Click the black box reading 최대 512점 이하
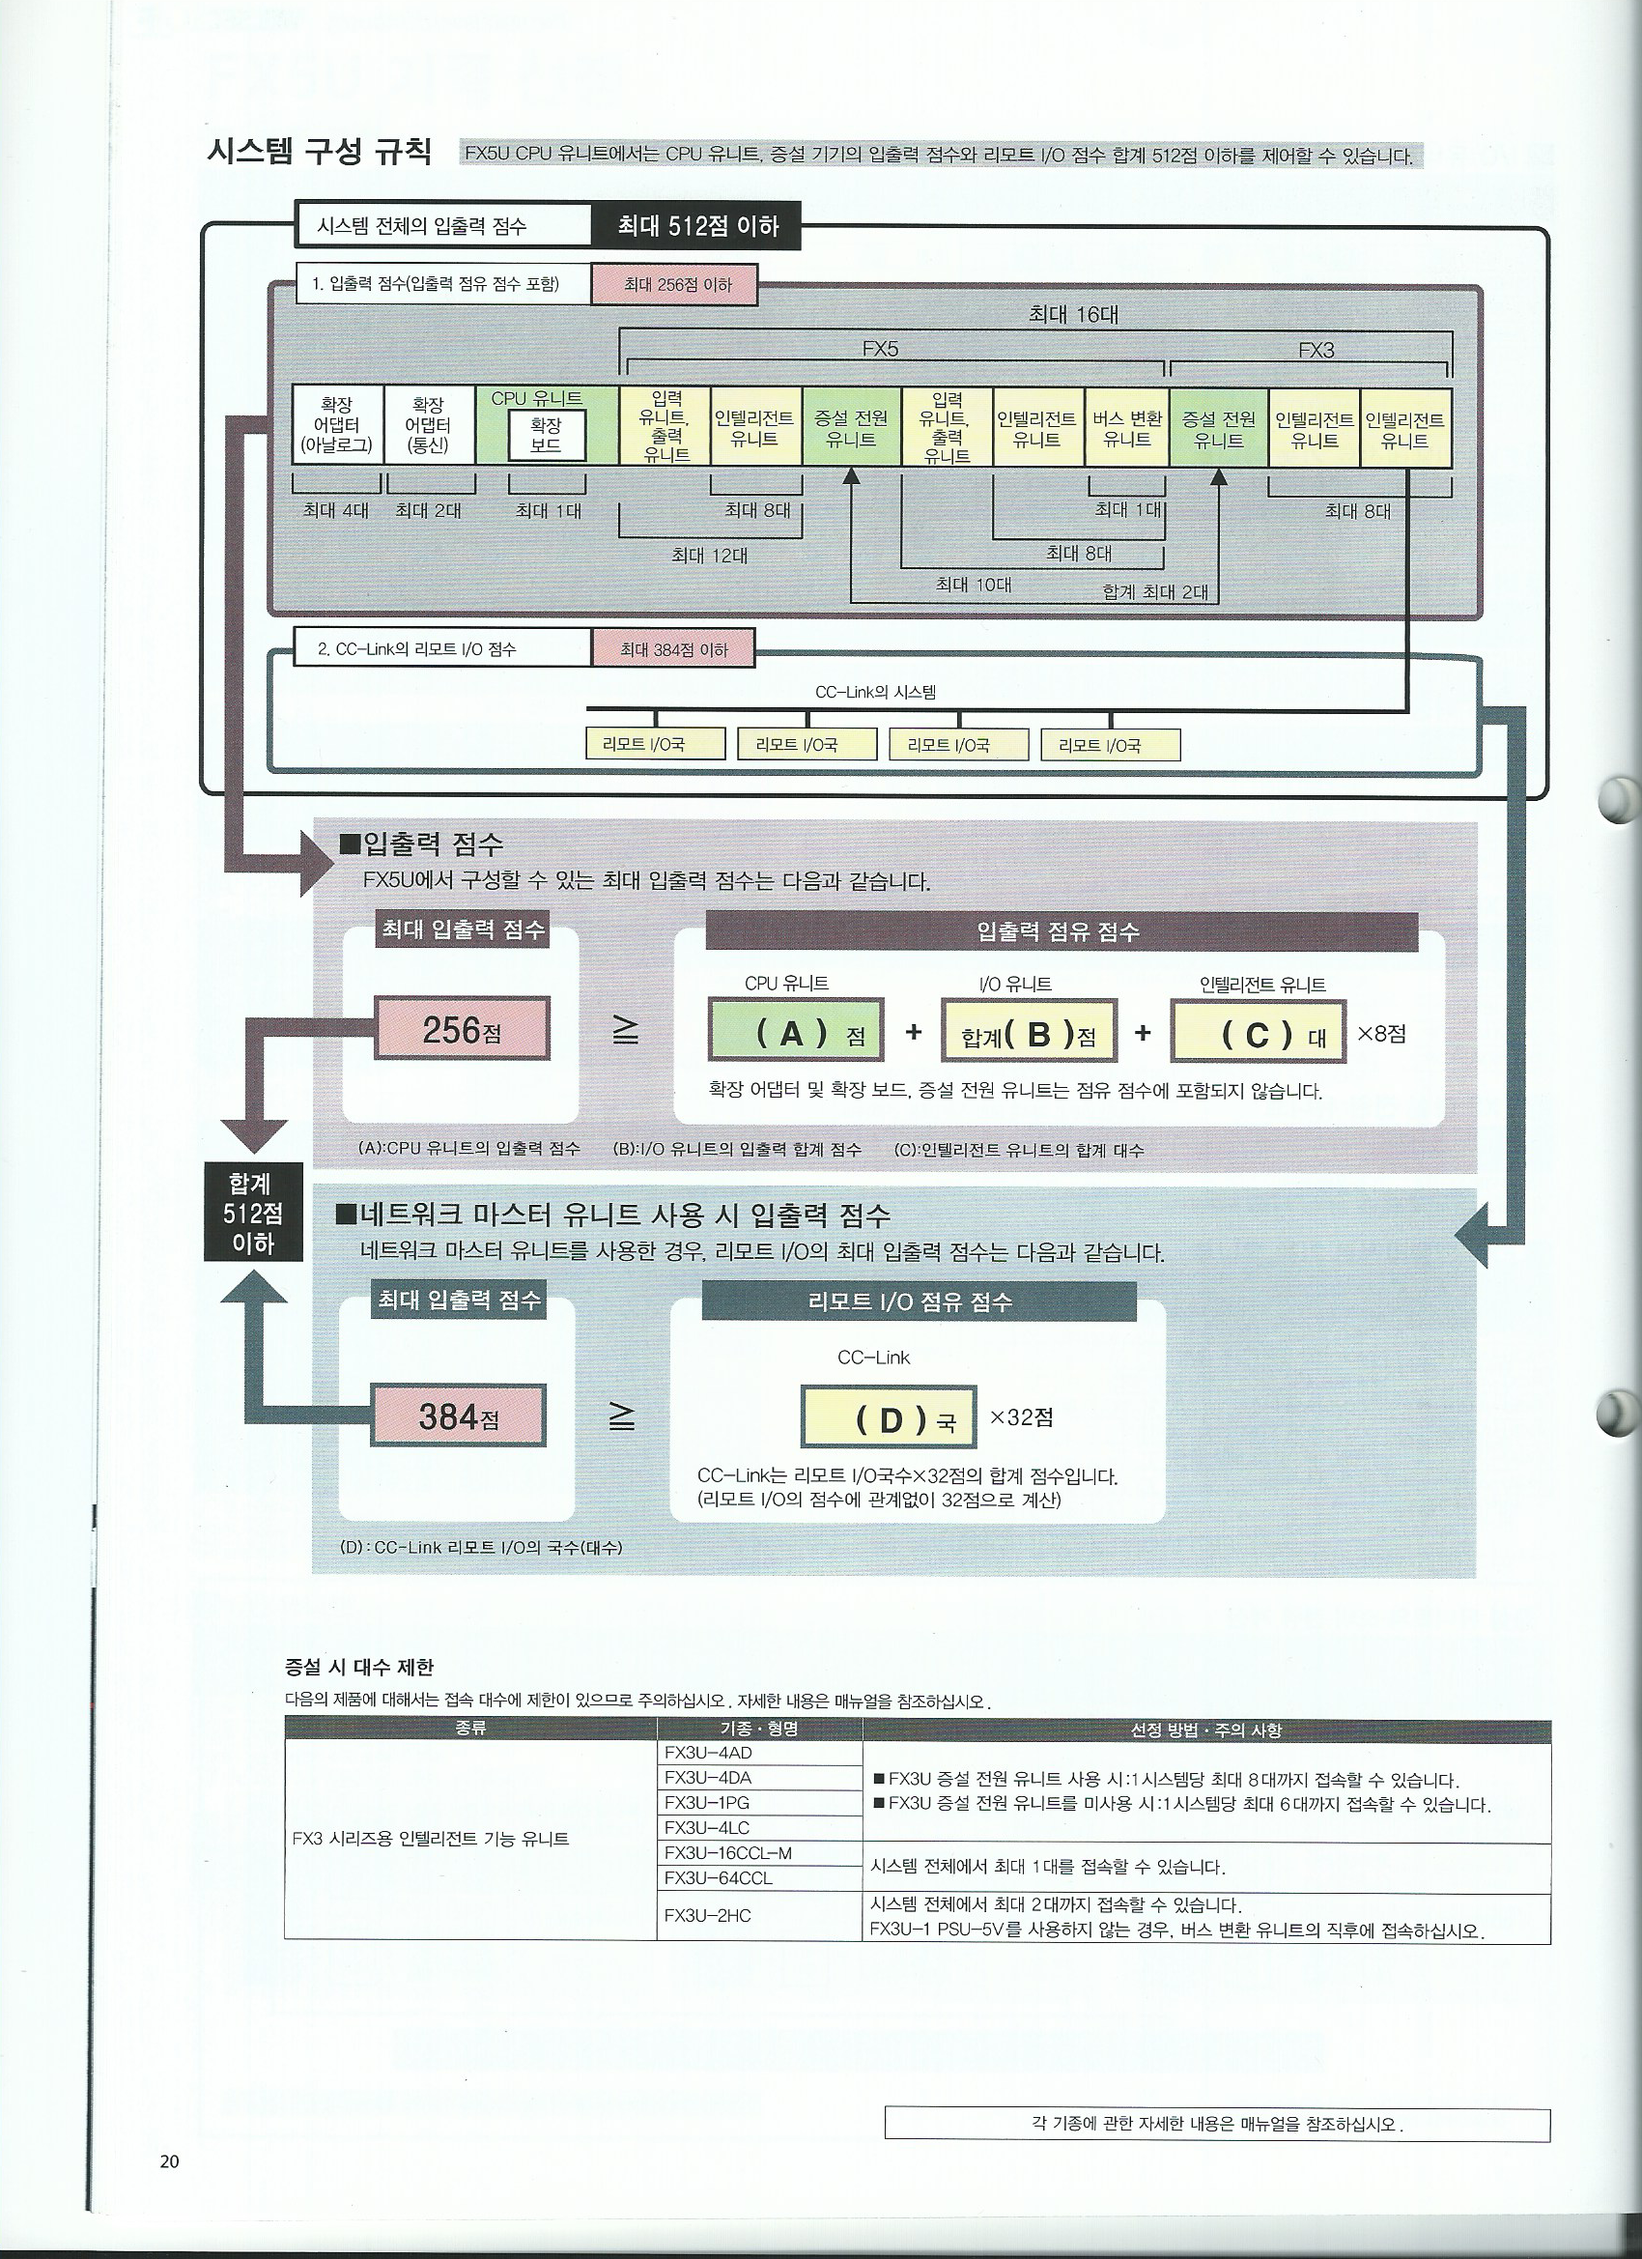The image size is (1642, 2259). (696, 227)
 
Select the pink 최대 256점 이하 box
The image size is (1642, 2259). (676, 285)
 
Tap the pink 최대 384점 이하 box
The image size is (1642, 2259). (673, 649)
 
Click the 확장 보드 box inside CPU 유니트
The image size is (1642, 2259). (546, 435)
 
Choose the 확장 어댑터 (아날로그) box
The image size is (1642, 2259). (335, 425)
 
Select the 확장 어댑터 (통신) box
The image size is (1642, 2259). (428, 425)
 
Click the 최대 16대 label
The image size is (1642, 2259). (1073, 315)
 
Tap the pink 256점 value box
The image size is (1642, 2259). (462, 1030)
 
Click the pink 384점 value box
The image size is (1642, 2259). (459, 1415)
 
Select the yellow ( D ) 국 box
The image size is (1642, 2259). (888, 1417)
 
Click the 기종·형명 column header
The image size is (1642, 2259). (759, 1730)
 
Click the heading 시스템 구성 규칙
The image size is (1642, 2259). (319, 152)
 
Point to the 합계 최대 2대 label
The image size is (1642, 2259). (1155, 591)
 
